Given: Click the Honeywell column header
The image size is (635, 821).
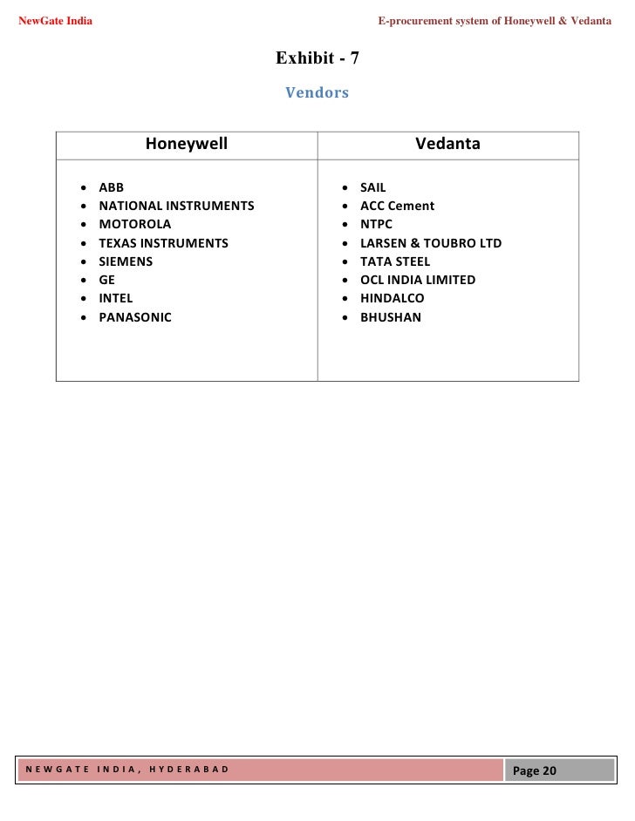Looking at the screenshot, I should click(x=186, y=144).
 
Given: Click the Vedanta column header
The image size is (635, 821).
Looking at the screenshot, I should click(x=447, y=144).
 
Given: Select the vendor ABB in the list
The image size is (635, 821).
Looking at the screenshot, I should click(x=112, y=187).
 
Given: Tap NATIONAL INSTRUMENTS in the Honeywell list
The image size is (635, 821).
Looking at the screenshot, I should click(x=176, y=206).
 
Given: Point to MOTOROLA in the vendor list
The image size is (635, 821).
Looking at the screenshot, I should click(x=135, y=224).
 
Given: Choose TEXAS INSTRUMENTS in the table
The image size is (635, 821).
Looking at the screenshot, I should click(x=163, y=243).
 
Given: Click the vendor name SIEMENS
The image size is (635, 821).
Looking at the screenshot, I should click(x=126, y=261).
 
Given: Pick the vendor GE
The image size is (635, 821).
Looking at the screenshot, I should click(x=107, y=280).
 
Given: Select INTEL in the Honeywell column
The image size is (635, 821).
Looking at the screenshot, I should click(x=116, y=298).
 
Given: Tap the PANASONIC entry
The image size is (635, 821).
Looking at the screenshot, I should click(x=135, y=317).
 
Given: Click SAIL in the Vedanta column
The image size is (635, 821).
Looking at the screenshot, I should click(x=373, y=187).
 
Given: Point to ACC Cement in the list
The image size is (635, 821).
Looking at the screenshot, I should click(x=397, y=206).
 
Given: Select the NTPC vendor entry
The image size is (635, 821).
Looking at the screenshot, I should click(x=377, y=224).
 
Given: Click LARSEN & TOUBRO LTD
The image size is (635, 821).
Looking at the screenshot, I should click(x=431, y=243).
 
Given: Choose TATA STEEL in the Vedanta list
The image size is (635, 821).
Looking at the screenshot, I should click(x=395, y=261).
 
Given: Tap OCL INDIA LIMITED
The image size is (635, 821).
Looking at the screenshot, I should click(x=418, y=280).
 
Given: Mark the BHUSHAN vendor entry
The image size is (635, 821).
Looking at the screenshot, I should click(x=391, y=317).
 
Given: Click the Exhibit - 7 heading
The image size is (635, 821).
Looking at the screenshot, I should click(x=317, y=58).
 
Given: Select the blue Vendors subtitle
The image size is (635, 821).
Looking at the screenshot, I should click(x=317, y=92).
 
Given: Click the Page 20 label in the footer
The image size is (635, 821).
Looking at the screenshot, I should click(x=536, y=770).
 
